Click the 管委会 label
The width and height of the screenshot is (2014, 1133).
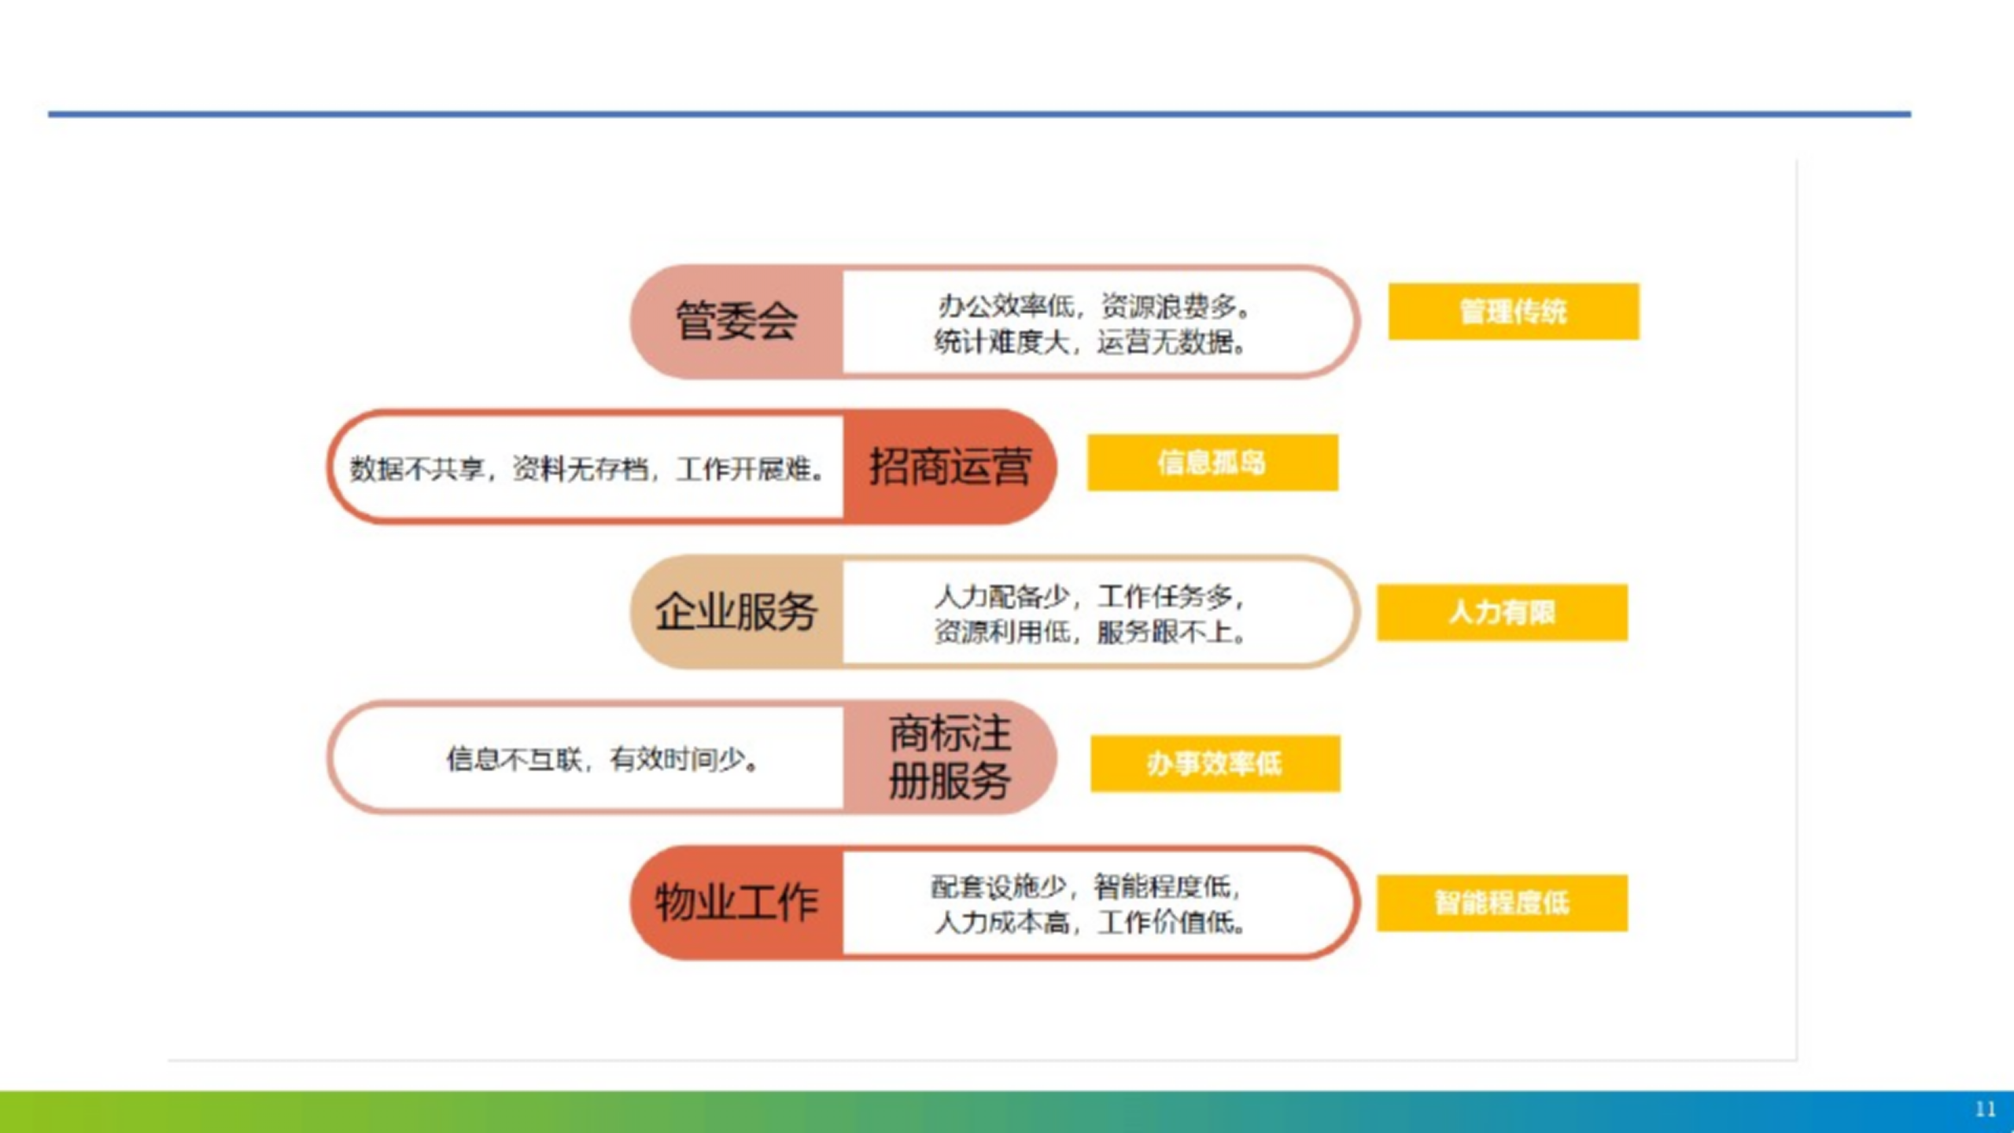pyautogui.click(x=737, y=321)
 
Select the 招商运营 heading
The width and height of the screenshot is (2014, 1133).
pyautogui.click(x=950, y=467)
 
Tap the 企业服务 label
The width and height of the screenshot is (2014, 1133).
pyautogui.click(x=736, y=611)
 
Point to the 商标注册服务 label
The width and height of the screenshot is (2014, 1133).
pyautogui.click(x=950, y=757)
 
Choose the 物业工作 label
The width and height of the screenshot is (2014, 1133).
pyautogui.click(x=736, y=902)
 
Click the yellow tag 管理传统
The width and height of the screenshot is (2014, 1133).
pyautogui.click(x=1513, y=312)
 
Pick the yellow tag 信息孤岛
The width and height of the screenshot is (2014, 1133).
pyautogui.click(x=1212, y=463)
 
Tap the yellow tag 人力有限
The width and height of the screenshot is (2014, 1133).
pyautogui.click(x=1502, y=612)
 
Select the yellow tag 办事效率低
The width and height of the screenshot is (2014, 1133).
pyautogui.click(x=1215, y=763)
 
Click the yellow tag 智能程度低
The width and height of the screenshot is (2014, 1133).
pyautogui.click(x=1502, y=902)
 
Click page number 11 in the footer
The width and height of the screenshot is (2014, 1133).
pyautogui.click(x=1985, y=1109)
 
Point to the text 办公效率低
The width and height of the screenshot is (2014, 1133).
pyautogui.click(x=1005, y=306)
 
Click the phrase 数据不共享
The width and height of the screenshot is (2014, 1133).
pyautogui.click(x=417, y=469)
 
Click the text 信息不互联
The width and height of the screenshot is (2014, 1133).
pyautogui.click(x=515, y=759)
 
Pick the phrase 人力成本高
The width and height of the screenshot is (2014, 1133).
pyautogui.click(x=1002, y=922)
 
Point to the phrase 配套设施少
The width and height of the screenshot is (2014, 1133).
pyautogui.click(x=999, y=888)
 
